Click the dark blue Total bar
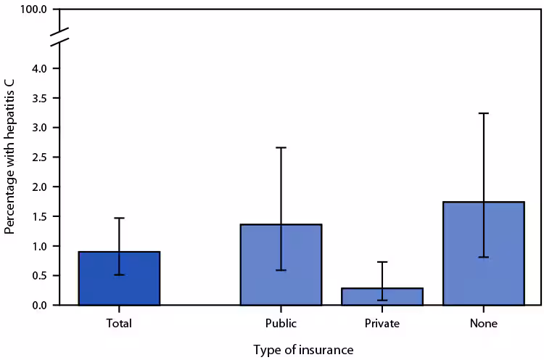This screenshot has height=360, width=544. pos(119,279)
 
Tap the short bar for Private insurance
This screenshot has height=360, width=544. pos(382,297)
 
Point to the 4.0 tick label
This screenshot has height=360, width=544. pos(38,68)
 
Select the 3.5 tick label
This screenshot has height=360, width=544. pos(38,98)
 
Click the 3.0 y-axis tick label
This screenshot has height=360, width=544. pos(38,128)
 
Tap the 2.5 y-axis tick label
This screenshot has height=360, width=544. pos(38,157)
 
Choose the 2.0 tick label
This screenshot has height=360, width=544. pos(38,187)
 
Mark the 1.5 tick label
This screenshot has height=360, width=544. pos(38,216)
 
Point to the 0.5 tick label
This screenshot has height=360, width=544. pos(38,276)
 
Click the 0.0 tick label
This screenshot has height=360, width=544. pos(38,305)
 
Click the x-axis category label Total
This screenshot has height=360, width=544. pos(119,324)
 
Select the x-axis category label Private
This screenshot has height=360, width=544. pos(382,324)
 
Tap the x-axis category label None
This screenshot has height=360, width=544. pos(483,324)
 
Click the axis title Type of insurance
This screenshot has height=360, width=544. pos(303,350)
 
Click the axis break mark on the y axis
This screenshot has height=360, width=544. pos(59,38)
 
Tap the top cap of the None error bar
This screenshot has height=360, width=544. pos(483,113)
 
